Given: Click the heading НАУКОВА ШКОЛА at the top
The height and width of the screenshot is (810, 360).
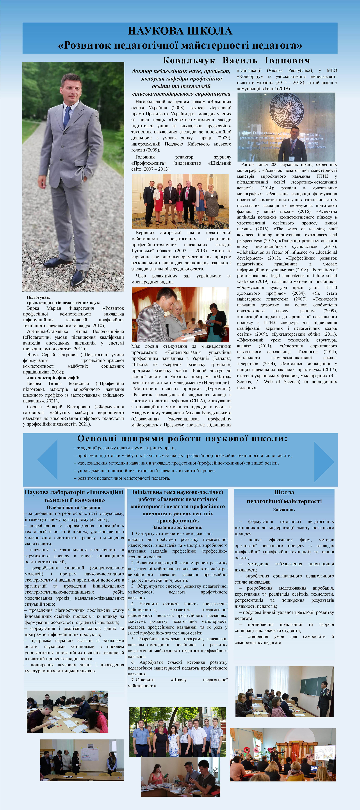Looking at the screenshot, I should coord(180,31).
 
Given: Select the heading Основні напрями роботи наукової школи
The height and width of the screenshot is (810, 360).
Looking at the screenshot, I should coord(182,438).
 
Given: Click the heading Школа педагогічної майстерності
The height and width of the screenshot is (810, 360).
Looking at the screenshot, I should coord(284,497).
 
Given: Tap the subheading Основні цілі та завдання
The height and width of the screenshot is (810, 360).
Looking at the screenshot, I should coord(74,507).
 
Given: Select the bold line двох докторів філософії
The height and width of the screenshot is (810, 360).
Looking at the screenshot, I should coord(53,378).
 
